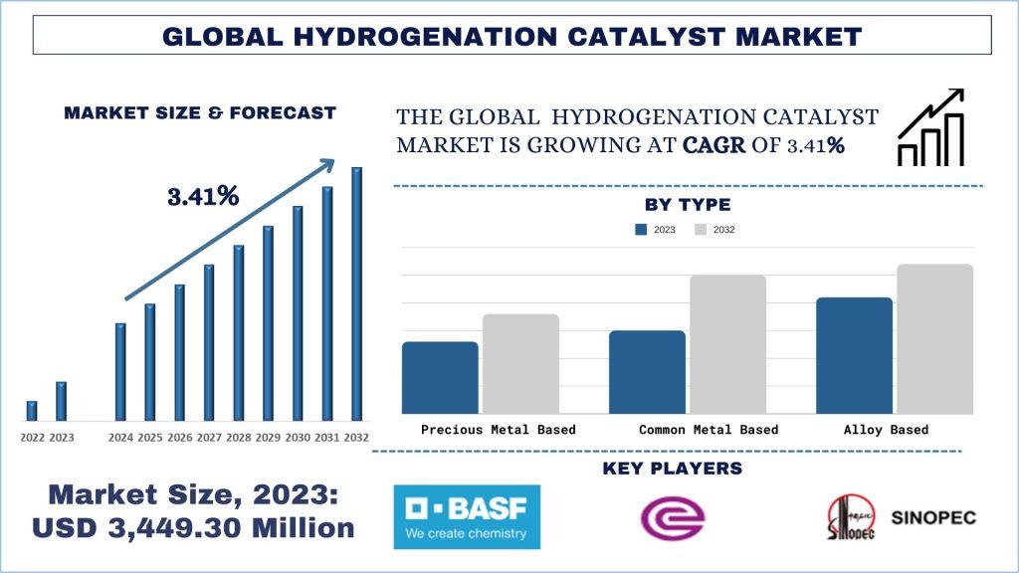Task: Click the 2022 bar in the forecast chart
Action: click(32, 410)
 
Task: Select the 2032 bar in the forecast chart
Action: click(356, 293)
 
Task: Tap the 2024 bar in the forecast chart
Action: click(120, 371)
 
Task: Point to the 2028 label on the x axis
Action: click(239, 438)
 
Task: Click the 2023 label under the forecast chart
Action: click(62, 438)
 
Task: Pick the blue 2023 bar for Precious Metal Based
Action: click(440, 378)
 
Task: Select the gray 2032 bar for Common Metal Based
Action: click(728, 344)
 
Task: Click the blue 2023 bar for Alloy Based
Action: click(854, 355)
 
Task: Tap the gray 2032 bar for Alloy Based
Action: click(934, 338)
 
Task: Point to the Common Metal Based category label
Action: click(709, 430)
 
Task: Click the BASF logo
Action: click(467, 516)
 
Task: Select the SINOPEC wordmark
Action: click(934, 517)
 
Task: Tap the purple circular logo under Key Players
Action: click(673, 518)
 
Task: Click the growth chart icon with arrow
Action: click(931, 126)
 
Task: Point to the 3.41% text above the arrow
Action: click(203, 196)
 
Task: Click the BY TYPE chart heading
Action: click(688, 205)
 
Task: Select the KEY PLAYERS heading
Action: click(672, 468)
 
